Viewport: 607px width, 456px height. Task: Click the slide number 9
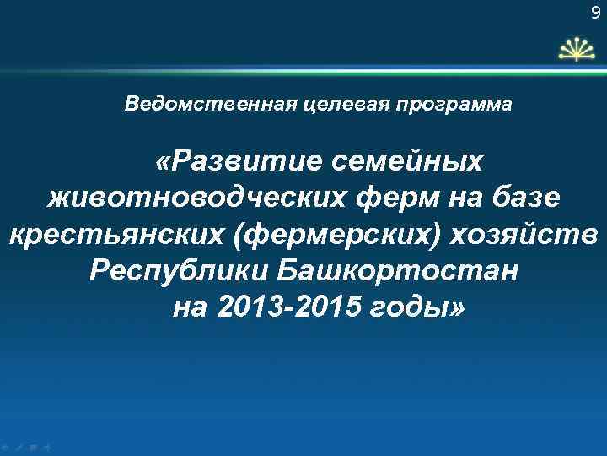[596, 12]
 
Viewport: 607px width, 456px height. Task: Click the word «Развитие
[233, 160]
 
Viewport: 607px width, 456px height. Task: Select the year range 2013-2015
[289, 309]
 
